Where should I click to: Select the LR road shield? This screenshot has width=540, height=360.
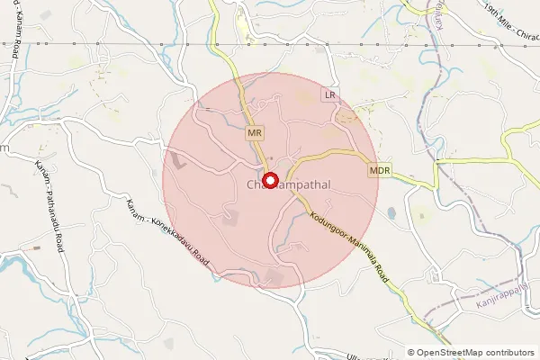pos(330,94)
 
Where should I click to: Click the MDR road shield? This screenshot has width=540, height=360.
pos(380,170)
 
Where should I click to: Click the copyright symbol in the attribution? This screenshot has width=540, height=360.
pos(410,353)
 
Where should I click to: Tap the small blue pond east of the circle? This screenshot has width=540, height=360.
pos(391,213)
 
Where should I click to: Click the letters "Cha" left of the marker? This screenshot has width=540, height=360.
pos(254,184)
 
